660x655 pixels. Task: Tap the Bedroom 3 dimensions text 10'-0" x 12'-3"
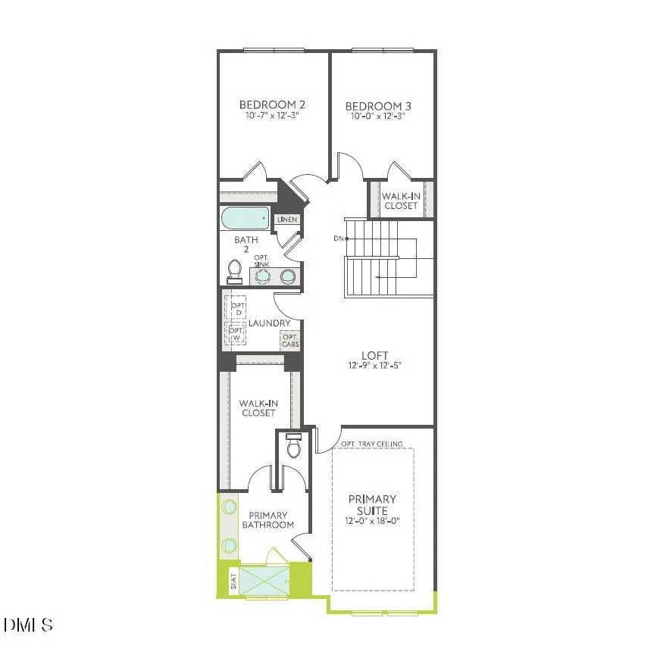pyautogui.click(x=377, y=117)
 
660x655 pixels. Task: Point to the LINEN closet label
pyautogui.click(x=287, y=220)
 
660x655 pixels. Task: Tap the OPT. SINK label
pyautogui.click(x=262, y=261)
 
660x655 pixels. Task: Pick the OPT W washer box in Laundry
pyautogui.click(x=236, y=333)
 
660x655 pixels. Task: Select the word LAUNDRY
pyautogui.click(x=269, y=323)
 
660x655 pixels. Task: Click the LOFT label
pyautogui.click(x=374, y=355)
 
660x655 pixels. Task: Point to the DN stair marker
pyautogui.click(x=338, y=239)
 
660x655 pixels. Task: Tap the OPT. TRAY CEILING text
pyautogui.click(x=371, y=444)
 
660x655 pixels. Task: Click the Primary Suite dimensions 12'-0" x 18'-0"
pyautogui.click(x=372, y=521)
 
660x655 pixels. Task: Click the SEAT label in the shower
pyautogui.click(x=233, y=582)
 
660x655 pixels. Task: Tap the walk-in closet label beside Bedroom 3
pyautogui.click(x=400, y=201)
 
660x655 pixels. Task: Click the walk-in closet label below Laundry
pyautogui.click(x=258, y=408)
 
